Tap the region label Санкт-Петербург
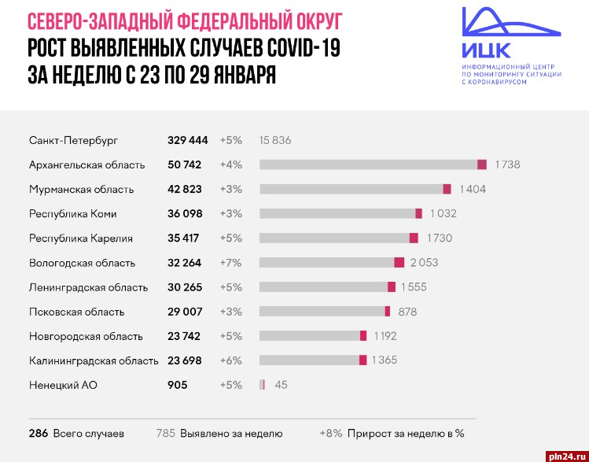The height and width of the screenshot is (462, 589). pyautogui.click(x=73, y=140)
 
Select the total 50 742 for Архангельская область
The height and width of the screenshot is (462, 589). pyautogui.click(x=184, y=164)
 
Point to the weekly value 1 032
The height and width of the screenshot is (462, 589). pyautogui.click(x=443, y=213)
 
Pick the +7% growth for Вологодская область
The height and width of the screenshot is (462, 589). pyautogui.click(x=231, y=263)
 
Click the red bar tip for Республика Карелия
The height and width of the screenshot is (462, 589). pyautogui.click(x=414, y=238)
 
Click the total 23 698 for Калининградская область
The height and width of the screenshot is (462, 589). pyautogui.click(x=184, y=360)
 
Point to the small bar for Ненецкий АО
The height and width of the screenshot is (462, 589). pyautogui.click(x=262, y=385)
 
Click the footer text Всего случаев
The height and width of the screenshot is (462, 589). pyautogui.click(x=88, y=433)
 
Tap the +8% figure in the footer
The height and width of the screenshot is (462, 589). pyautogui.click(x=331, y=433)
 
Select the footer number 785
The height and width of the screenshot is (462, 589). pyautogui.click(x=165, y=433)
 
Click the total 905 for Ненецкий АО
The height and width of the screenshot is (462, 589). pyautogui.click(x=177, y=385)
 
